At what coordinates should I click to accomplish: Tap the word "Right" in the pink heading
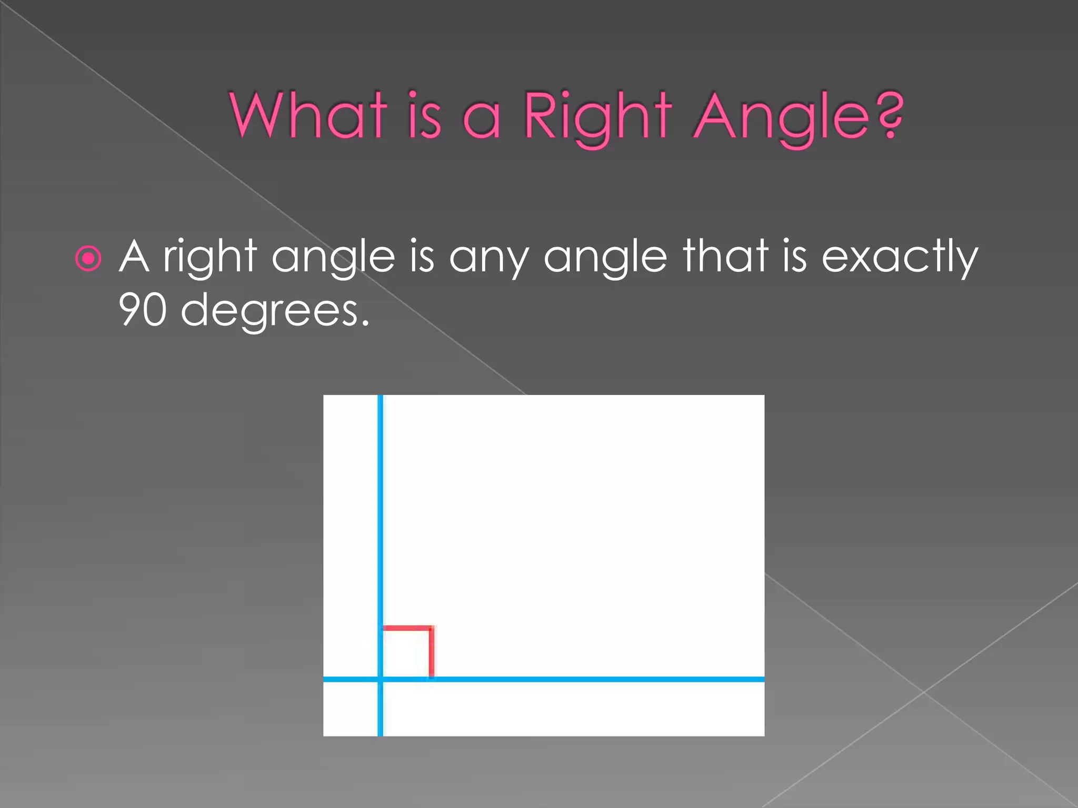[x=598, y=117]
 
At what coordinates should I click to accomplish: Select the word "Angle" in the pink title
[x=781, y=117]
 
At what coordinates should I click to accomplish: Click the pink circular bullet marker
[x=88, y=258]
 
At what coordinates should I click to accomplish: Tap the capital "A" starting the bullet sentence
[x=134, y=257]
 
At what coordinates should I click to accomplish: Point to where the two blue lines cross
[x=380, y=679]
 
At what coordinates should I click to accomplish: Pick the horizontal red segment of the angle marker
[x=406, y=628]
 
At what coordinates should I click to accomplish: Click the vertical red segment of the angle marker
[x=432, y=652]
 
